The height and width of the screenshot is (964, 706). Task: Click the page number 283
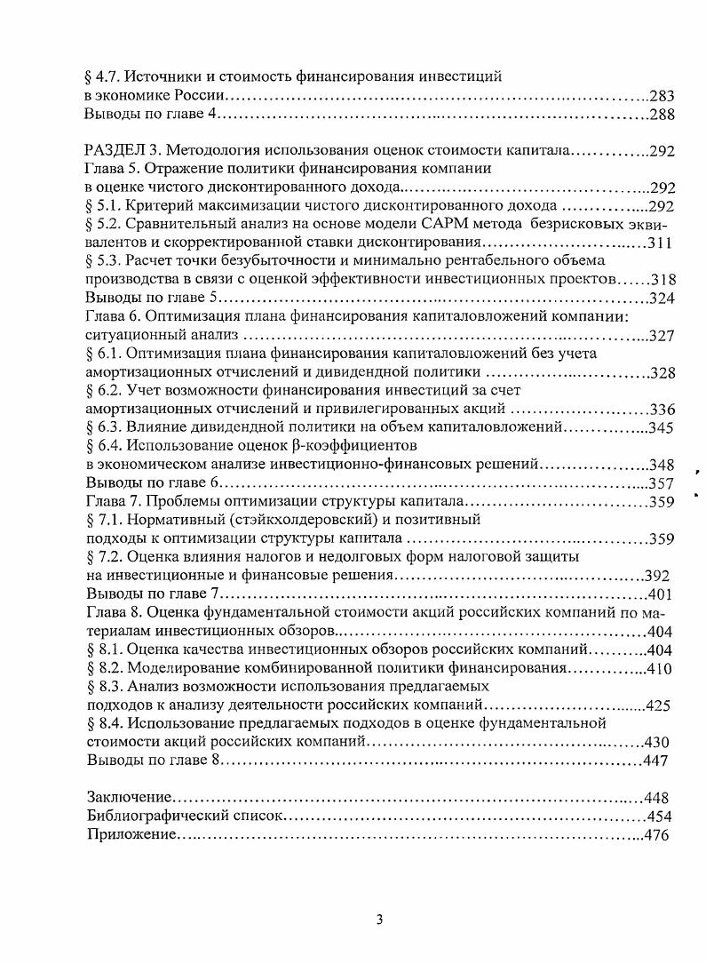pos(662,95)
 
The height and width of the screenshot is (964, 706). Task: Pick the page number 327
pos(662,336)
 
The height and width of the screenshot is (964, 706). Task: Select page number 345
pos(662,428)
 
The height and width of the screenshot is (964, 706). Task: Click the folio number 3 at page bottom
pos(379,920)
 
